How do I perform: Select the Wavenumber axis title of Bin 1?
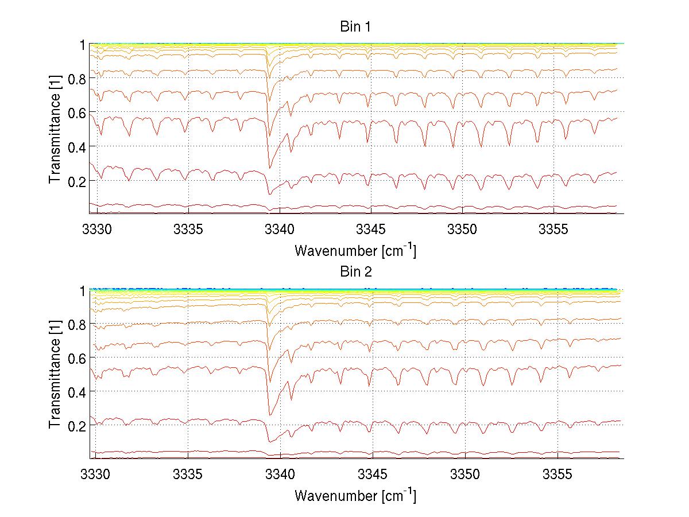pos(355,251)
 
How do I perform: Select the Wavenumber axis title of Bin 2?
pos(355,495)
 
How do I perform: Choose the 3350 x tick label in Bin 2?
pos(465,475)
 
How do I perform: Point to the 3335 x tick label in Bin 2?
pos(188,475)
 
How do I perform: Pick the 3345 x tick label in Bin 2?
pos(373,475)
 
